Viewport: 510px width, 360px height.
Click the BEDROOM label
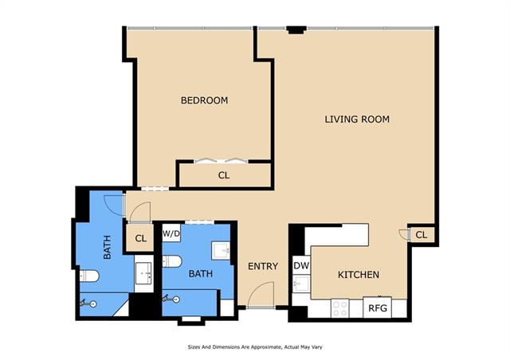pyautogui.click(x=204, y=100)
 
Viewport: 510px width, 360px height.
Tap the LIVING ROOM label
pyautogui.click(x=357, y=119)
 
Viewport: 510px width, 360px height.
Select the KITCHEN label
pyautogui.click(x=359, y=275)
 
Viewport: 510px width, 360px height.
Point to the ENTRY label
pyautogui.click(x=263, y=266)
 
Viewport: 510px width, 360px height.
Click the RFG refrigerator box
pyautogui.click(x=377, y=307)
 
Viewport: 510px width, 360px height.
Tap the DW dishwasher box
pyautogui.click(x=301, y=266)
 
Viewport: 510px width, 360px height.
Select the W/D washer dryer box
pyautogui.click(x=171, y=233)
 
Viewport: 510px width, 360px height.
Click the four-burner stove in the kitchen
pyautogui.click(x=340, y=308)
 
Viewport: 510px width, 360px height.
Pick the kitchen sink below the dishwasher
pyautogui.click(x=301, y=284)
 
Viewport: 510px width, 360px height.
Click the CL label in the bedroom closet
pyautogui.click(x=224, y=175)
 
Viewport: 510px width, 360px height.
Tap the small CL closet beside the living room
pyautogui.click(x=422, y=234)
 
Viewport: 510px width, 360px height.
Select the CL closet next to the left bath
pyautogui.click(x=140, y=238)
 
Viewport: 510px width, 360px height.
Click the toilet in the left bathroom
pyautogui.click(x=89, y=276)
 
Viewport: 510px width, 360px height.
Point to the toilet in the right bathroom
pyautogui.click(x=172, y=261)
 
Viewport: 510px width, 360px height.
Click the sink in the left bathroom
pyautogui.click(x=143, y=272)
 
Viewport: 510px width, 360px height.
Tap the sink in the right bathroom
pyautogui.click(x=221, y=250)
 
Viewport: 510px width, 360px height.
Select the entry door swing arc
pyautogui.click(x=264, y=286)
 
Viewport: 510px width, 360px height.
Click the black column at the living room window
pyautogui.click(x=296, y=30)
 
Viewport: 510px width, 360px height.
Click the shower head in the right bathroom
pyautogui.click(x=171, y=299)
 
